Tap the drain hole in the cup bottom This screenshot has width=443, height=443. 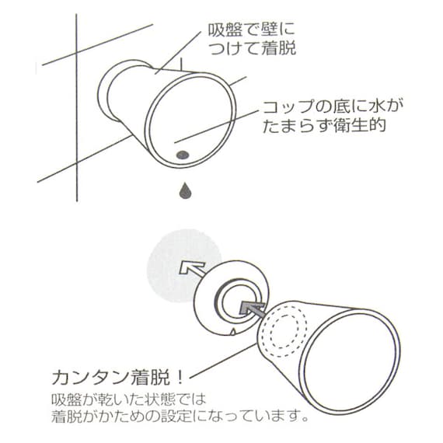[183, 154]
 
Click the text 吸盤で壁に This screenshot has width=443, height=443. [252, 33]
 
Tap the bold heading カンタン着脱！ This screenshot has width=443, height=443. [117, 379]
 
